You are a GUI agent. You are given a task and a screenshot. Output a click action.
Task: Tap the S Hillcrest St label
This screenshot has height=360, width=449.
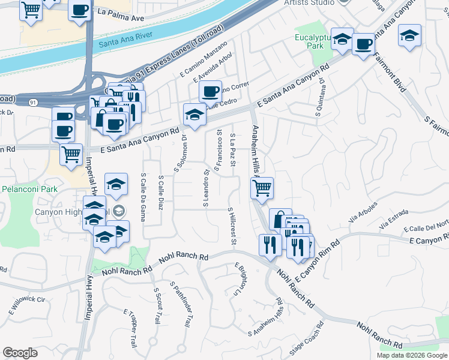[x=231, y=226]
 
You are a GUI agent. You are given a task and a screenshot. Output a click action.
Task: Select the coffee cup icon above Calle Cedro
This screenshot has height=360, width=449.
[x=210, y=91]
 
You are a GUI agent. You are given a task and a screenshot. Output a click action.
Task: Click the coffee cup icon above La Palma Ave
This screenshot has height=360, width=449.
[x=79, y=10]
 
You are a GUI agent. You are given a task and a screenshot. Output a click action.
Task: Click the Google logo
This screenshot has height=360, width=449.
[x=20, y=353]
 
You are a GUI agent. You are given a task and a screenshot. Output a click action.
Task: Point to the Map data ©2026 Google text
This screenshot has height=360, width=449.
[x=412, y=355]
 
